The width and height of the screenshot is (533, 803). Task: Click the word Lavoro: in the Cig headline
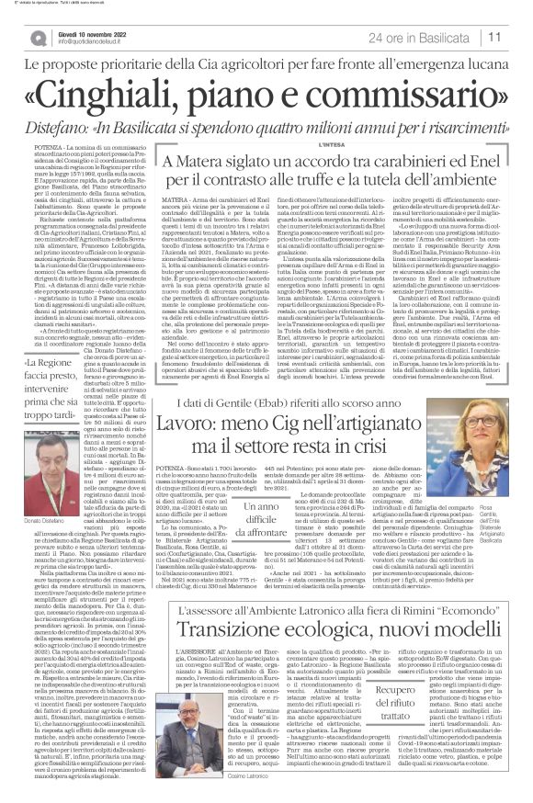click(153, 420)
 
